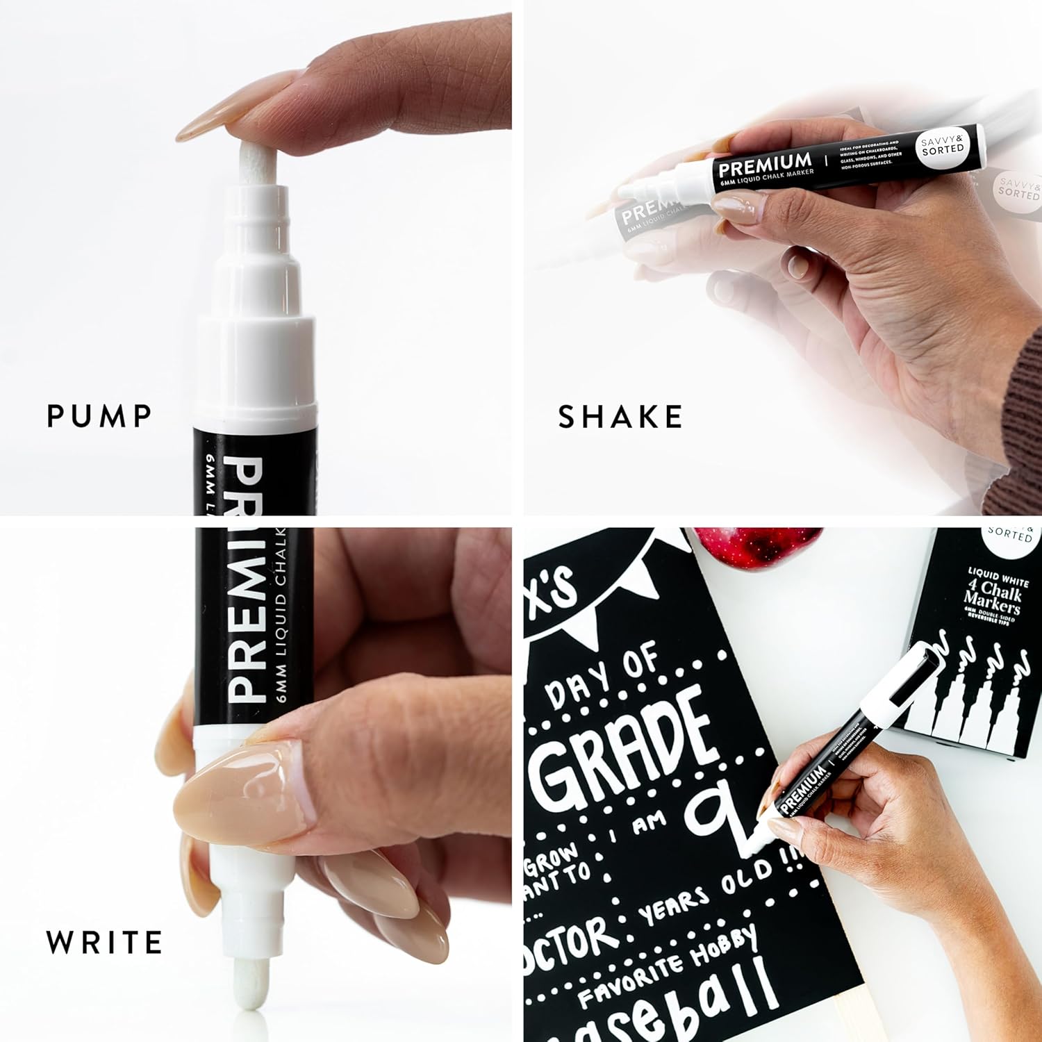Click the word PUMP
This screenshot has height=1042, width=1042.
[x=99, y=415]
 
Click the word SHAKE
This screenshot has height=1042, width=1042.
[x=620, y=416]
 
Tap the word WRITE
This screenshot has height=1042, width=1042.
[x=104, y=943]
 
